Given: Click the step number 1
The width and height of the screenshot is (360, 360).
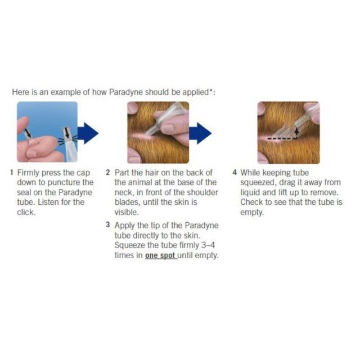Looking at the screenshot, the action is point(12,172).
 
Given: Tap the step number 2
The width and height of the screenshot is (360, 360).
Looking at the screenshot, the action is point(108,172).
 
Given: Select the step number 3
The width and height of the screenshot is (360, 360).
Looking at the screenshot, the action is point(108,225).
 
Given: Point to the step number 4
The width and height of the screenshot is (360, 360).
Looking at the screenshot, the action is point(234,172).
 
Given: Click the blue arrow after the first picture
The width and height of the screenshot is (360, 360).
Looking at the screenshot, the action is point(88,133).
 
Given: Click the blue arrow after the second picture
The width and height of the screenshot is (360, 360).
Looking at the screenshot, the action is point(200,133).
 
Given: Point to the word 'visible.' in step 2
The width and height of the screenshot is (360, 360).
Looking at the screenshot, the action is point(127,212).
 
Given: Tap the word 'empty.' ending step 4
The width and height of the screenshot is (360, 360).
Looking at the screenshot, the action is point(252,212).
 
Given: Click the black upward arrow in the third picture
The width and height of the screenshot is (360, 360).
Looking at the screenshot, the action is point(297,133).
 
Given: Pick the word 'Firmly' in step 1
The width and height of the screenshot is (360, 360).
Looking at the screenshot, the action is point(28,173).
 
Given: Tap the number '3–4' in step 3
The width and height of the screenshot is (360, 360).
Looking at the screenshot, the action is point(208,245).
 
